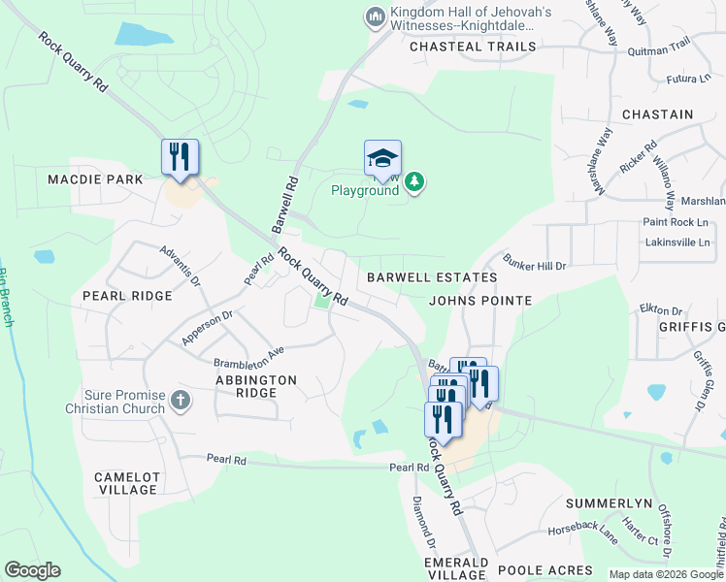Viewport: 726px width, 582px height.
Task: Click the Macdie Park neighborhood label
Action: click(95, 179)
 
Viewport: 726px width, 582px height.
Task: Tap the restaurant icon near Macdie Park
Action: click(180, 157)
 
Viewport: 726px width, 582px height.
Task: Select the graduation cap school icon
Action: click(382, 159)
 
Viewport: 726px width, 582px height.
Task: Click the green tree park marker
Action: click(414, 181)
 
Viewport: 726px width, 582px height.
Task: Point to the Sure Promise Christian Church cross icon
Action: click(180, 400)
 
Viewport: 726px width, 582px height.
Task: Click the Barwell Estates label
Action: click(432, 277)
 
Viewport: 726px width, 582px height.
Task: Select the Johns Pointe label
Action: click(480, 301)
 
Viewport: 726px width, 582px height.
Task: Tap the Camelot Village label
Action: click(127, 483)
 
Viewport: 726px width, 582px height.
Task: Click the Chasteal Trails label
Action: click(473, 46)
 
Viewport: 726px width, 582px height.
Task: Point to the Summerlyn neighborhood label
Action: click(607, 505)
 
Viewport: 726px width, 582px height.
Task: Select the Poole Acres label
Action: click(544, 569)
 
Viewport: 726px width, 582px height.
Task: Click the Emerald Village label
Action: click(455, 568)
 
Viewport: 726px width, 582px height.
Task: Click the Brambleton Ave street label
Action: click(248, 351)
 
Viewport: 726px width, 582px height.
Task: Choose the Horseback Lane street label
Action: click(582, 534)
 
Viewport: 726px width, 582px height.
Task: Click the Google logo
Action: click(32, 570)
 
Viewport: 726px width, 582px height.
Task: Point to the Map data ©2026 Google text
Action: click(665, 574)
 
